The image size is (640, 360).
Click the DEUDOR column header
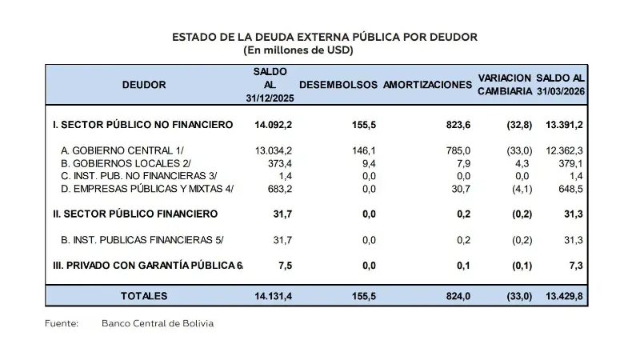tap(144, 85)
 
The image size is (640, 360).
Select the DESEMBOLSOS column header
tap(338, 85)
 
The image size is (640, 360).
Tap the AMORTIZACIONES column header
tap(427, 85)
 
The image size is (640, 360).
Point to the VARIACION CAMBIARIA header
tap(504, 85)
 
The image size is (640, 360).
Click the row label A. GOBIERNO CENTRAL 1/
tap(128, 150)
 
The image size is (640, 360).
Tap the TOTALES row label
tap(144, 296)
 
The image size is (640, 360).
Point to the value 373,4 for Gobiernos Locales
tap(277, 162)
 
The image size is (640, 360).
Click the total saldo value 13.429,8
tap(561, 296)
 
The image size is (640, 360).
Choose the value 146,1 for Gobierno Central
tap(364, 150)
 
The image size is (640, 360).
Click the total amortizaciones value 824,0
tap(457, 296)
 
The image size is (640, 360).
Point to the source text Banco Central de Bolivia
tap(158, 324)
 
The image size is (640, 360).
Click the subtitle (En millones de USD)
tap(298, 50)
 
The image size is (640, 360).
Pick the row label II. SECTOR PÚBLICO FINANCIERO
tap(135, 214)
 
